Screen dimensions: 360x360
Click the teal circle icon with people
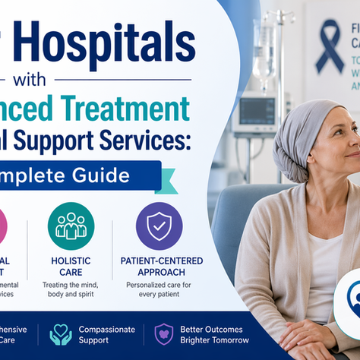71,226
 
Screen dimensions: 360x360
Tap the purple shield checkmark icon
159,226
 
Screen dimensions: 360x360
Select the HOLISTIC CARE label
70,267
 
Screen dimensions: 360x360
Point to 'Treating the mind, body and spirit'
70,289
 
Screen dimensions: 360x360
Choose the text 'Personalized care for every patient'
159,289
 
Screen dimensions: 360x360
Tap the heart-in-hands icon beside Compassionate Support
60,334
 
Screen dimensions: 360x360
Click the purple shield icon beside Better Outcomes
163,335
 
